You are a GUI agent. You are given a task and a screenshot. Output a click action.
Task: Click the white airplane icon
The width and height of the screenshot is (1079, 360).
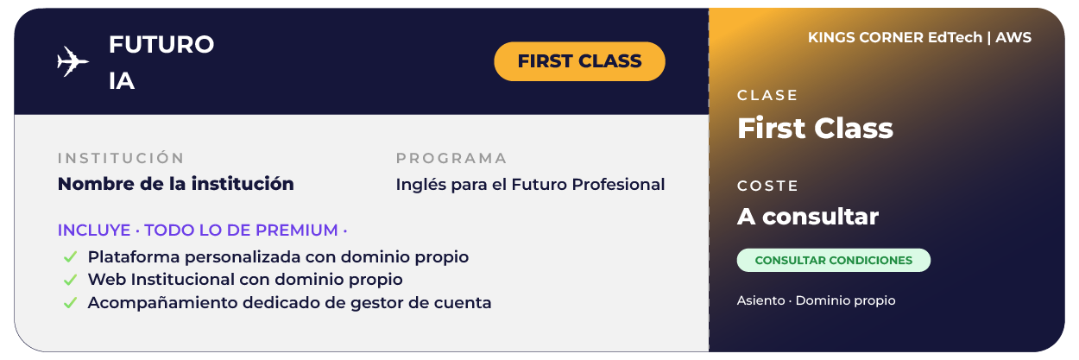[x=73, y=61]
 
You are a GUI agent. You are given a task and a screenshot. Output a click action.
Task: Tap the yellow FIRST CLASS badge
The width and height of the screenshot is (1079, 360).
[x=579, y=61]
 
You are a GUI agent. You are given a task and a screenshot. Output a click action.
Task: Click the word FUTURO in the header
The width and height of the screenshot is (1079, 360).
[x=161, y=44]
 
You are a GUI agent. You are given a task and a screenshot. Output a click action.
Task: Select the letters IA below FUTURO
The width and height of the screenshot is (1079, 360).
[x=122, y=81]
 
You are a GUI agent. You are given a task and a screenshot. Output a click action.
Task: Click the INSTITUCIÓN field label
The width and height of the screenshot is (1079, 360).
[x=121, y=158]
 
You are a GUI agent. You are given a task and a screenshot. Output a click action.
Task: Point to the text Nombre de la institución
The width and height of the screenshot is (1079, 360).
[x=176, y=184]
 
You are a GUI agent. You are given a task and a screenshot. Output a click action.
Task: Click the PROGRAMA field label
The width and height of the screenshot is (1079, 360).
[x=451, y=158]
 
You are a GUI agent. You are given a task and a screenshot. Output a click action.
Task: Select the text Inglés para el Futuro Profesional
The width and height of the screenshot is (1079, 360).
[x=530, y=185]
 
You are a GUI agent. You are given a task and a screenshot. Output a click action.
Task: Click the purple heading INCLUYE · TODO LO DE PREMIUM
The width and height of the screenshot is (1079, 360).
[x=202, y=231]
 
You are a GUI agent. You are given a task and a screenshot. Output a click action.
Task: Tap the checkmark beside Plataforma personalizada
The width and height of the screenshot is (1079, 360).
[x=70, y=257]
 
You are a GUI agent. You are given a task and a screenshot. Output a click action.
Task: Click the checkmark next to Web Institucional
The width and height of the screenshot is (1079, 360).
[x=70, y=280]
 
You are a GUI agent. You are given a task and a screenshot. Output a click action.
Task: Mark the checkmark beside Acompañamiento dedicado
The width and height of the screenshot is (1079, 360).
[x=70, y=303]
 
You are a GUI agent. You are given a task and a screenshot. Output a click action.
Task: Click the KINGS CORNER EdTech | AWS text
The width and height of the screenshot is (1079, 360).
[x=919, y=38]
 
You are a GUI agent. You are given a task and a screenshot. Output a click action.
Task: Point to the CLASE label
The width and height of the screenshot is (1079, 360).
[x=767, y=96]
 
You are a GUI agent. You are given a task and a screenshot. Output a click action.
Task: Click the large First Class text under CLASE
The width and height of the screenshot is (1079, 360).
[x=815, y=128]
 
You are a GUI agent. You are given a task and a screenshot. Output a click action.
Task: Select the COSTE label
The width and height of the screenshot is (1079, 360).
[x=768, y=186]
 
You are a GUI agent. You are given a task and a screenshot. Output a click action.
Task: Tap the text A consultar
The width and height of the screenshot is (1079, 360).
[x=808, y=217]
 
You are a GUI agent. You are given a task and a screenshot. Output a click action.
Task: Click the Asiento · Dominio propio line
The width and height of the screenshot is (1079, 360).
[x=816, y=300]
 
